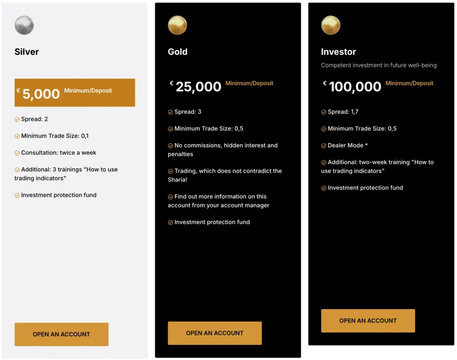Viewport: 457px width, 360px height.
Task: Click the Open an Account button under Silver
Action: click(62, 334)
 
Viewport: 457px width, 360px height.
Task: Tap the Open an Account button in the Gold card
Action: click(215, 333)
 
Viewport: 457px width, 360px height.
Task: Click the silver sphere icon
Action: click(24, 25)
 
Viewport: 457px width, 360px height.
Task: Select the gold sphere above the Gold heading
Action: click(177, 25)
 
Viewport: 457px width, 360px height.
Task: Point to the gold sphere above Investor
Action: click(331, 25)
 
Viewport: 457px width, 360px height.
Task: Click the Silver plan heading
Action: click(27, 52)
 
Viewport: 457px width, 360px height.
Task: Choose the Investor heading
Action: click(338, 52)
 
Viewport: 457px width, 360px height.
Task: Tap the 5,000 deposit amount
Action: click(41, 94)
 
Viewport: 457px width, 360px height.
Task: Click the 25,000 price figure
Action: click(199, 87)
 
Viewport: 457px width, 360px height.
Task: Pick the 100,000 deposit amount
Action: click(355, 87)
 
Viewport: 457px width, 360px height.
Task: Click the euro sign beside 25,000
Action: click(171, 83)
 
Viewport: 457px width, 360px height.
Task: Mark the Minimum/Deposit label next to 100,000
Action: click(409, 83)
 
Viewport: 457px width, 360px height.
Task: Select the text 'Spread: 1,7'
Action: click(343, 112)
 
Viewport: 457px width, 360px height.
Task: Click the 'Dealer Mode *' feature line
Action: click(348, 145)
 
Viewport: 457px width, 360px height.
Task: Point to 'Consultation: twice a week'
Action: click(58, 152)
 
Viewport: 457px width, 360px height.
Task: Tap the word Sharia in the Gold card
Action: click(177, 180)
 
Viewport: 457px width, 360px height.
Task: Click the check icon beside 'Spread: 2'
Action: click(17, 119)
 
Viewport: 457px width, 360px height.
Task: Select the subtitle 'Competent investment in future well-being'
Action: click(378, 65)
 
